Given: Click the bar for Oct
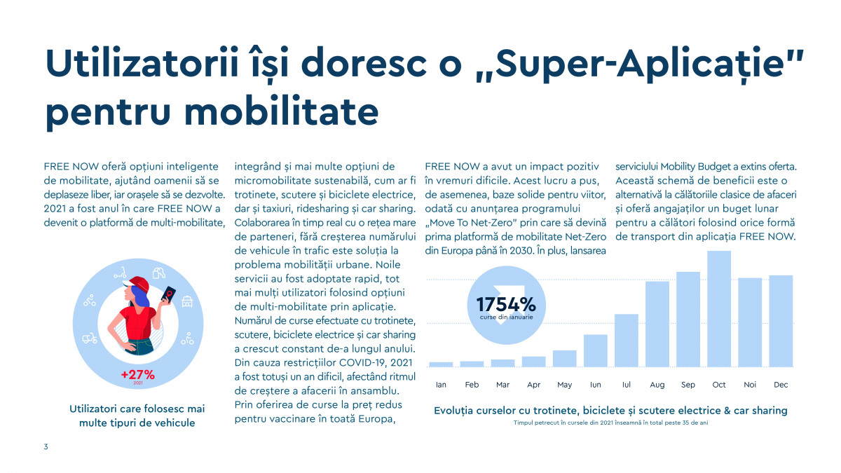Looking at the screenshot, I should pyautogui.click(x=719, y=308).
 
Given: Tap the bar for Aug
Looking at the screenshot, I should pyautogui.click(x=657, y=324).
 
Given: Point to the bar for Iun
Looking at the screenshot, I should pyautogui.click(x=595, y=350).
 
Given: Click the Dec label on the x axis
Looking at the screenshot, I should pyautogui.click(x=781, y=385).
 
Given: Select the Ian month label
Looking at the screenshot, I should pyautogui.click(x=441, y=385).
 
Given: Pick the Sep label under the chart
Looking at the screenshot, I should pyautogui.click(x=688, y=385).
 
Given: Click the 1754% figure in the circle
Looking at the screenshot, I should pyautogui.click(x=506, y=305).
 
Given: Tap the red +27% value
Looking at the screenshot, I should pyautogui.click(x=137, y=374).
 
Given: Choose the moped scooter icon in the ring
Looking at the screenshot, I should pyautogui.click(x=90, y=338).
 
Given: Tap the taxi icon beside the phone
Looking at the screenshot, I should pyautogui.click(x=188, y=303).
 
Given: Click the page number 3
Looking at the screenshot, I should pyautogui.click(x=46, y=446).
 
